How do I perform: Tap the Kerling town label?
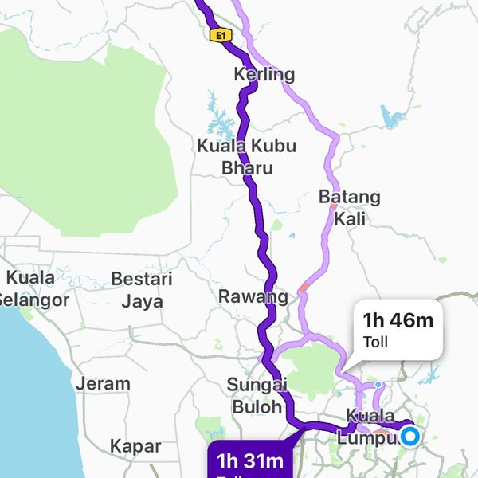tap(264, 75)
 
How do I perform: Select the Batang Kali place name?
tap(349, 207)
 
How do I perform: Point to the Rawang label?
tap(253, 297)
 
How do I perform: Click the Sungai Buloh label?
tap(257, 394)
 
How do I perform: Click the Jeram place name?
tap(103, 383)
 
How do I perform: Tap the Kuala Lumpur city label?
tap(370, 427)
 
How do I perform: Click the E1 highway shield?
tap(219, 35)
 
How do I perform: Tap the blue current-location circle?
tap(410, 436)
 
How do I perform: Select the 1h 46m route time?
tap(398, 321)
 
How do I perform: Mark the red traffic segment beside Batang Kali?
tap(333, 206)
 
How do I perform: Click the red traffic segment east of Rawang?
tap(304, 287)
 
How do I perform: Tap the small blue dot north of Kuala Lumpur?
tap(378, 385)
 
